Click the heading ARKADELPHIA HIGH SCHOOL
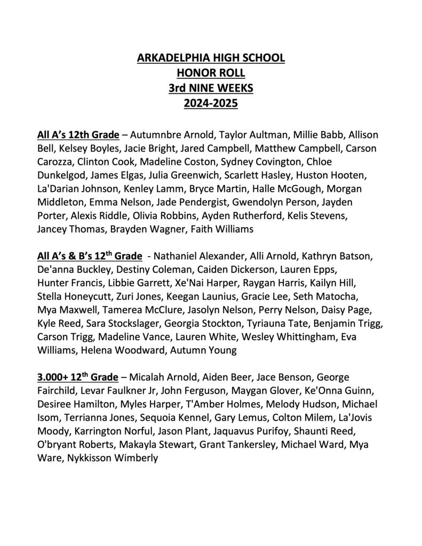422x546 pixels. pos(211,57)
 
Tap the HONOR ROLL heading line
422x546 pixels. pos(211,72)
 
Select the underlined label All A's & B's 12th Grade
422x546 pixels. pos(90,255)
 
